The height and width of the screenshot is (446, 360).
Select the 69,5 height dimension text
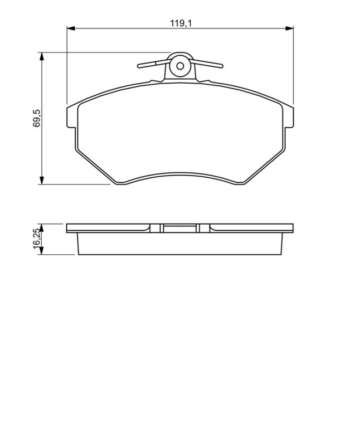37,118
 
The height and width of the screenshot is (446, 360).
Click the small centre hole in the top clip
180,66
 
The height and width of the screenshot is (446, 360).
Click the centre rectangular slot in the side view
180,228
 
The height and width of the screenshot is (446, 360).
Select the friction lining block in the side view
180,244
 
